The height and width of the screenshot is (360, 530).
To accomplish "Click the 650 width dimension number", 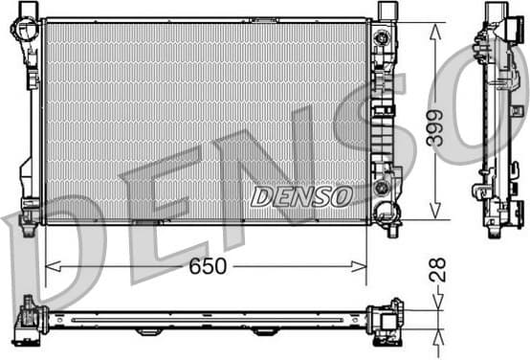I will (x=207, y=266).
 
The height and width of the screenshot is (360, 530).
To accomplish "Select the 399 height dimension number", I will (x=435, y=123).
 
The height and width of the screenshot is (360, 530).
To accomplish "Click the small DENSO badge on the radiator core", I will (x=300, y=196).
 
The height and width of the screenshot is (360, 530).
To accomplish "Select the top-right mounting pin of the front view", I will (x=386, y=10).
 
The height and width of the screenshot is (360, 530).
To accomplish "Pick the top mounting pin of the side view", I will (x=494, y=11).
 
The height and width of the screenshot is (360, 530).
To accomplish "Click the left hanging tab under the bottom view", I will (x=148, y=331).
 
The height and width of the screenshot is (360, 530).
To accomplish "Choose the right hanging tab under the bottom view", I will (x=264, y=331).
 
